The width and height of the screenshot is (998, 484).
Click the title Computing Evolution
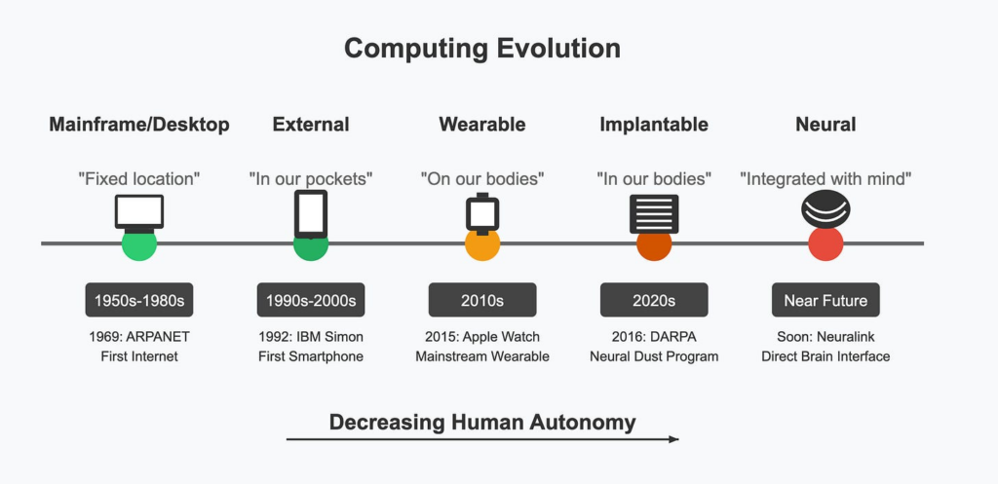click(x=481, y=49)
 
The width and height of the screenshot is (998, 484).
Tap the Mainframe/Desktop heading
click(x=139, y=125)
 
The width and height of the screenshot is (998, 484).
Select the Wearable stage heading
click(x=481, y=125)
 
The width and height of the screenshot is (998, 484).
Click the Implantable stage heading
click(x=653, y=125)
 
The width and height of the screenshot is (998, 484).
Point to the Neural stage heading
click(x=825, y=125)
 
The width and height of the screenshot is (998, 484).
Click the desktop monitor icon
click(x=139, y=212)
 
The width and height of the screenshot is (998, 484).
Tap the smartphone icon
click(x=311, y=213)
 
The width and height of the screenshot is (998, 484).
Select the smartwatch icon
click(x=482, y=213)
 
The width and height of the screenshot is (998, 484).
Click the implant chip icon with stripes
click(x=654, y=212)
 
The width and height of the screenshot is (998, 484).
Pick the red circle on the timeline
click(x=825, y=243)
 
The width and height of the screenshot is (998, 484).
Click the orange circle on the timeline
click(x=482, y=243)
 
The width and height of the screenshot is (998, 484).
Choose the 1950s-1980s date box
click(x=139, y=300)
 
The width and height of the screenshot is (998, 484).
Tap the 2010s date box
click(x=482, y=300)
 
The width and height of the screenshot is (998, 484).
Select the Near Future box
click(x=825, y=300)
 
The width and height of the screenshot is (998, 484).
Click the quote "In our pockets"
click(x=311, y=178)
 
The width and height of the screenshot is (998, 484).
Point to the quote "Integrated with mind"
click(x=825, y=178)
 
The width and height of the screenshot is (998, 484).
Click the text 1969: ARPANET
click(x=139, y=337)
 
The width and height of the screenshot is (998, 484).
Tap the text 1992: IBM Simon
click(x=311, y=337)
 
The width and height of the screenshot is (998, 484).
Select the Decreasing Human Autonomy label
click(x=481, y=422)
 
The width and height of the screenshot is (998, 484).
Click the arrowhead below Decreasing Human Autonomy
click(x=672, y=440)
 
